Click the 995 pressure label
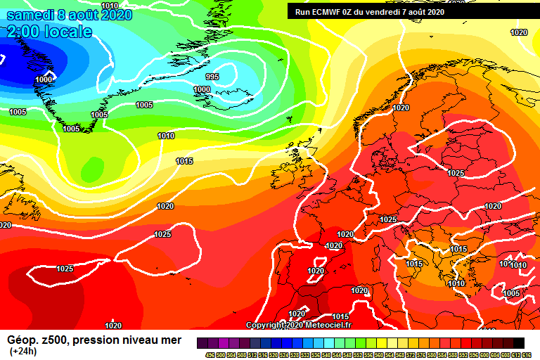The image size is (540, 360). (212, 77)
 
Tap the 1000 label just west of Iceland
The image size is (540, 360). (202, 89)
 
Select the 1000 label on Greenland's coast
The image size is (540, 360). (44, 79)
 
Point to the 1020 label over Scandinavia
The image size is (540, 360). (401, 108)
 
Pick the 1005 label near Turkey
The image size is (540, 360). (511, 293)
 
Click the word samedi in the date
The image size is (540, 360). (28, 15)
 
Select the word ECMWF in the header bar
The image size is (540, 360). (327, 11)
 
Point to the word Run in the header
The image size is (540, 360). (302, 11)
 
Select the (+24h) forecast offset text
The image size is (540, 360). (23, 351)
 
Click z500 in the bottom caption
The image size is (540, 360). (53, 340)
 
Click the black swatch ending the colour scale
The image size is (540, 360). (518, 342)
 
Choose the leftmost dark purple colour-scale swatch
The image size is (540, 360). (202, 342)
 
